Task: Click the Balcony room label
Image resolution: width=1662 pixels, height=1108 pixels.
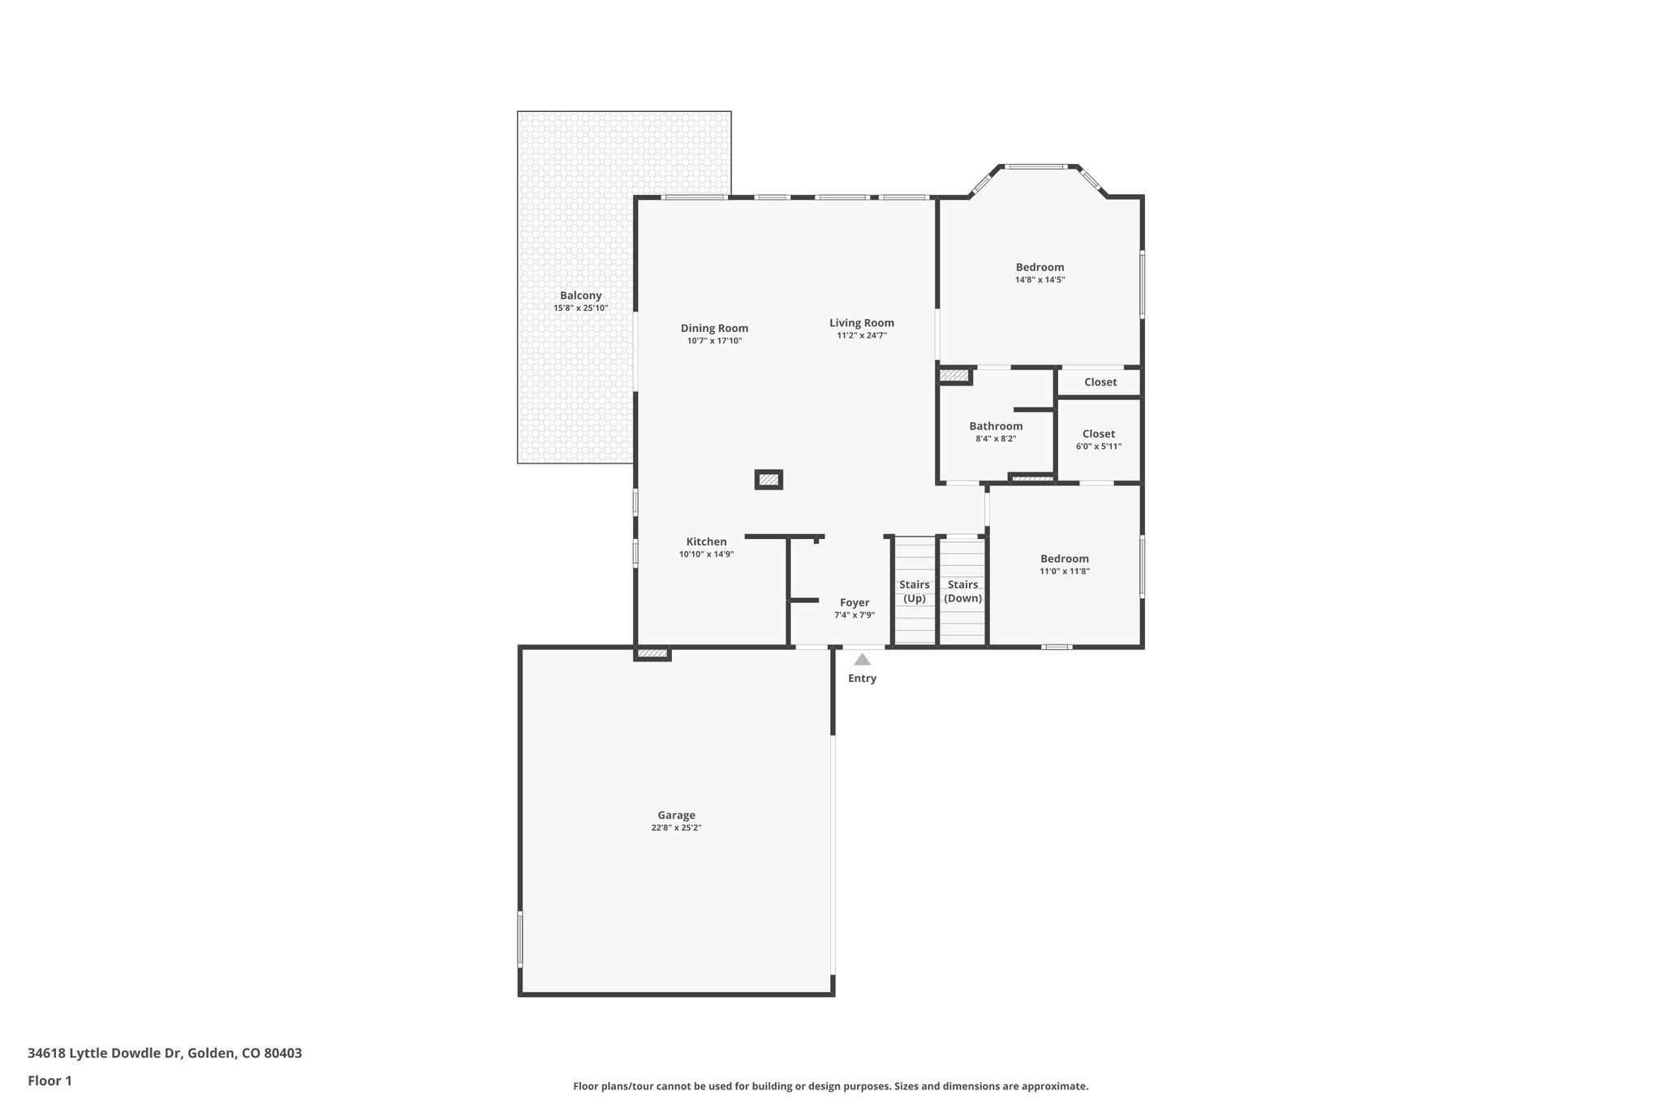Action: (x=580, y=295)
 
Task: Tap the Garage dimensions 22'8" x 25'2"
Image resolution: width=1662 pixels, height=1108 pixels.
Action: (x=676, y=828)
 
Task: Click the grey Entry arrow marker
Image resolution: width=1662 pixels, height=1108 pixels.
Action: (x=862, y=660)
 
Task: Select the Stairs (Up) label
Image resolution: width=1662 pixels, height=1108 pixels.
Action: (x=915, y=591)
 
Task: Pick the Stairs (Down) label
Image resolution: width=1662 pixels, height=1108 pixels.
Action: (x=962, y=591)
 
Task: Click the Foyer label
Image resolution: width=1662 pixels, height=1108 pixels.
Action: (x=855, y=602)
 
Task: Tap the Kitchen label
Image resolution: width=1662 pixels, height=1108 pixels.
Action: (x=706, y=541)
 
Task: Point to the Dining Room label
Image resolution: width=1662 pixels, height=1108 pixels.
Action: (x=714, y=328)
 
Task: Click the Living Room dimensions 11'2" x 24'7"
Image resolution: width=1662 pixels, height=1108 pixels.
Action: (x=862, y=335)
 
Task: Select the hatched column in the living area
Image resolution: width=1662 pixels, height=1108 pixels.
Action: (x=769, y=480)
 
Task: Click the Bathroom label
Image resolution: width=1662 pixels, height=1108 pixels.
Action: (x=996, y=426)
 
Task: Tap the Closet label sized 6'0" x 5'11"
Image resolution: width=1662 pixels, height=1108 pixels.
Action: (x=1098, y=434)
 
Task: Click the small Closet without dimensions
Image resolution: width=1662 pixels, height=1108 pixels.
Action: (x=1100, y=382)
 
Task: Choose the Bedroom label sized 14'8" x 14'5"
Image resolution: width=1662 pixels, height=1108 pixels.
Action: (x=1040, y=267)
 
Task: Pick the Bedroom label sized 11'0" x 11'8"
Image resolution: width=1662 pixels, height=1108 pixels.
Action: (x=1064, y=558)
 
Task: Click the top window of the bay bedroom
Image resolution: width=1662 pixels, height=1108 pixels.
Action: (x=1036, y=167)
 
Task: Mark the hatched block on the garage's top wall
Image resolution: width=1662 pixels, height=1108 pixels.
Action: (x=652, y=653)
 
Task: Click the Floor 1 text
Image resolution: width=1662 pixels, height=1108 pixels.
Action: (x=50, y=1080)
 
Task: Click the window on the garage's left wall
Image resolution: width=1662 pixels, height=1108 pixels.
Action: (x=520, y=938)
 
